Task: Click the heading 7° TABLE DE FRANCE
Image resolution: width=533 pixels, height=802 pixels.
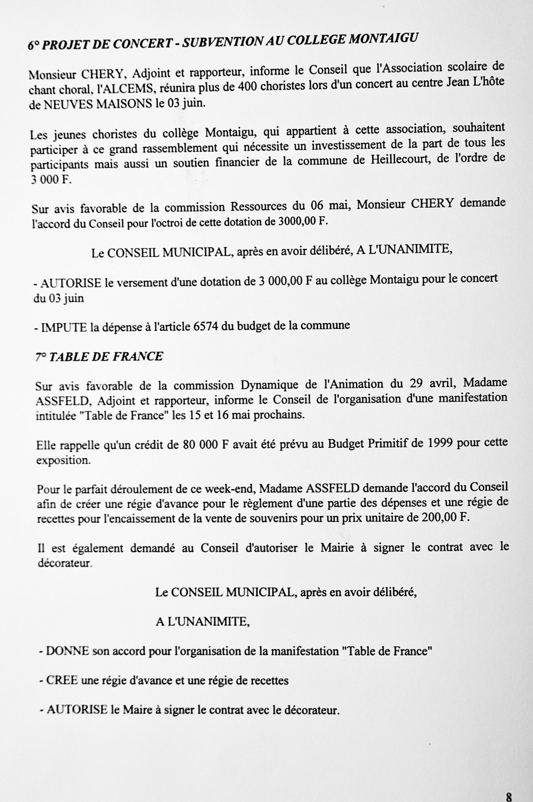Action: coord(99,357)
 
